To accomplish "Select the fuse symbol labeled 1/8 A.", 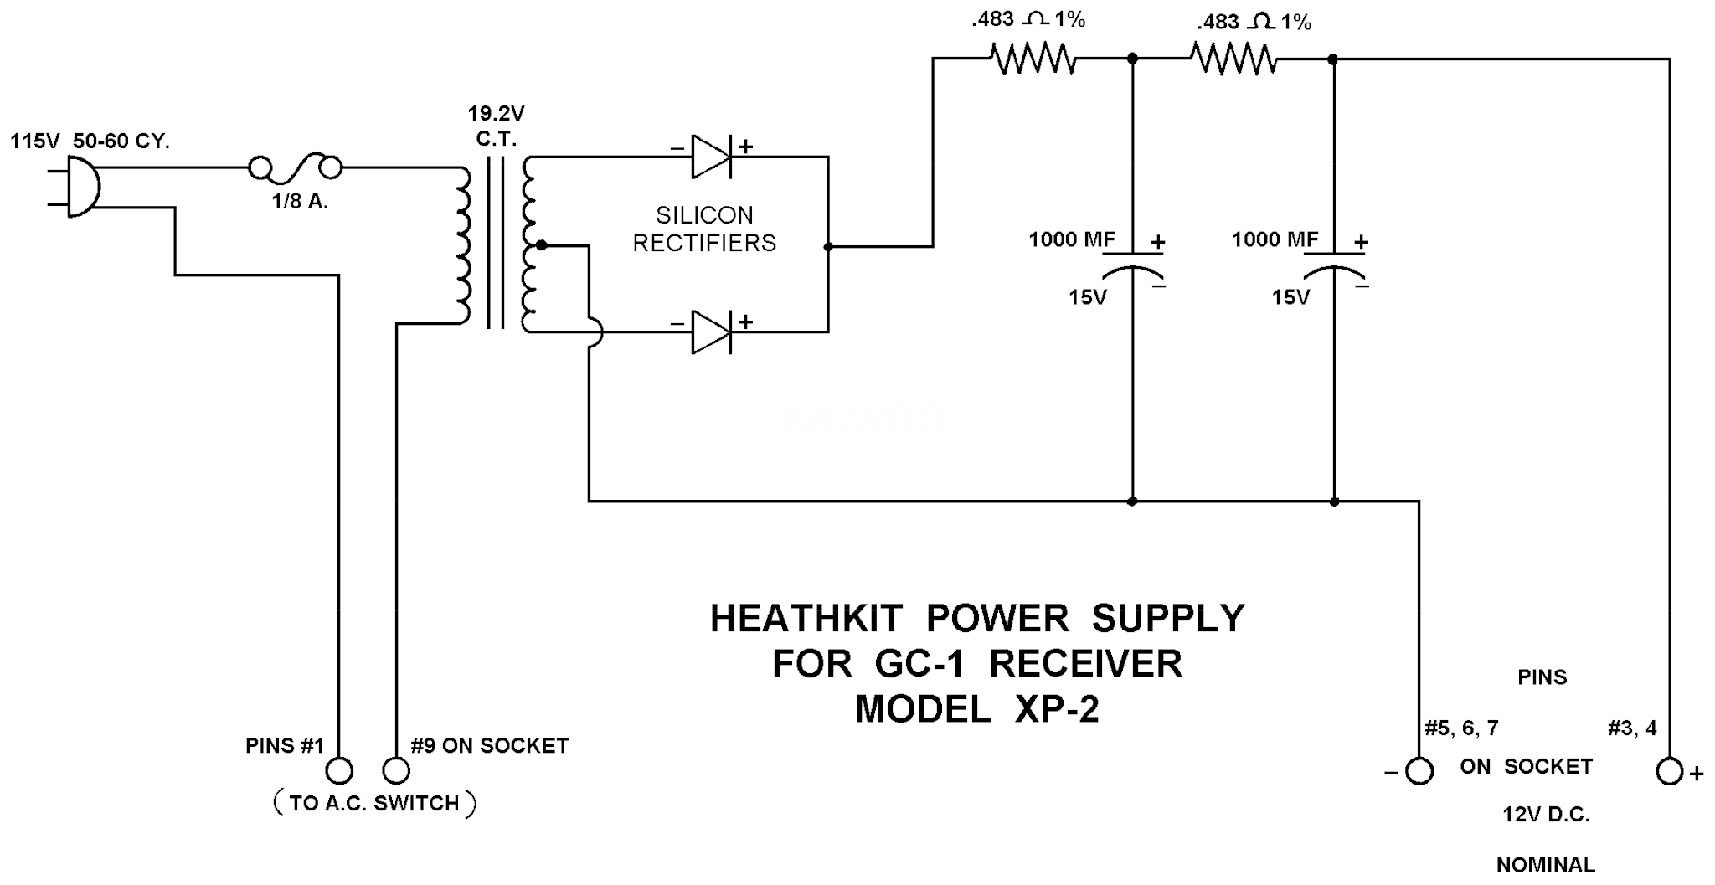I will tap(296, 169).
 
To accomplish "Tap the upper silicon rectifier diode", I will tap(711, 157).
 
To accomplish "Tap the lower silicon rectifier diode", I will tap(711, 332).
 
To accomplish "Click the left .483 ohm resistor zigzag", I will tap(1033, 59).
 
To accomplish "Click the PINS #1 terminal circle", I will tap(339, 770).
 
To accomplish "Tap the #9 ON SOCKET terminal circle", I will tap(396, 770).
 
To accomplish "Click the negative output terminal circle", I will tap(1419, 771).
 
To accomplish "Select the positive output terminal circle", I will tap(1669, 771).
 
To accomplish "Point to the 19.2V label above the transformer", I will tap(496, 113).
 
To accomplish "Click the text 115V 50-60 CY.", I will tap(90, 141).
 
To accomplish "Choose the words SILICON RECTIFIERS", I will tap(704, 229).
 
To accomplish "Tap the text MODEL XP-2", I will tap(976, 709).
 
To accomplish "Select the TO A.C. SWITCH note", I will tap(374, 804).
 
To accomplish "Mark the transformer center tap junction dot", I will tap(542, 245).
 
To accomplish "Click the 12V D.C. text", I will tap(1546, 815).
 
